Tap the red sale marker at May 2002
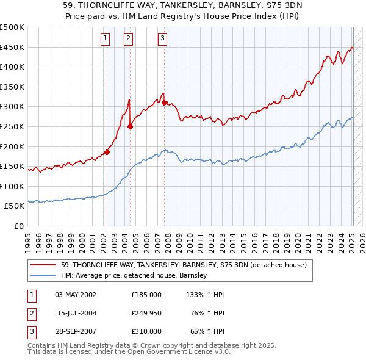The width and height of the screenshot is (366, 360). tap(107, 153)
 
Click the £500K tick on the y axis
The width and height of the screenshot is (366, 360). tap(12, 27)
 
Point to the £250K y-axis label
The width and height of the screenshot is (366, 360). tap(12, 126)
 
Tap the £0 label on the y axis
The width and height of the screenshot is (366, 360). tap(18, 226)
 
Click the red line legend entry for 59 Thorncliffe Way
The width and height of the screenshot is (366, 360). tap(187, 265)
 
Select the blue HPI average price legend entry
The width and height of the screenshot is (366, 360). tap(134, 275)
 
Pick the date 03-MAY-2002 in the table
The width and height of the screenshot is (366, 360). tap(76, 295)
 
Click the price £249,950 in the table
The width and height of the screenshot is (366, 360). tap(146, 313)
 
